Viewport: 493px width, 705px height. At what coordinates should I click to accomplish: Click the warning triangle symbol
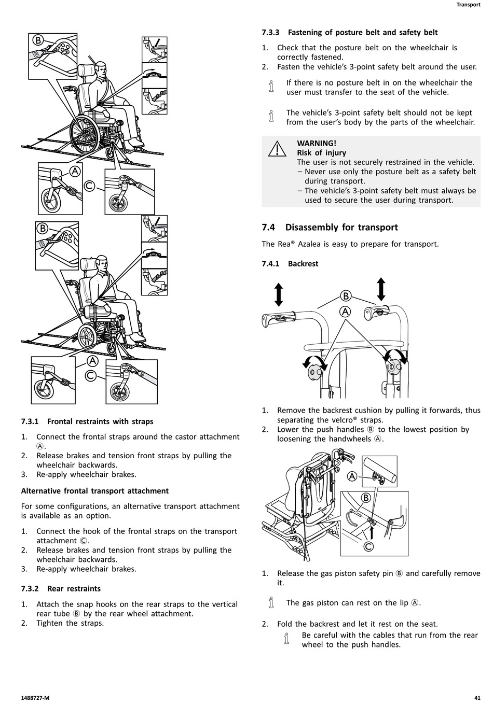(278, 149)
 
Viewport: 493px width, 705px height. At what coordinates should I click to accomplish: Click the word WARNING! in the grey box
(317, 143)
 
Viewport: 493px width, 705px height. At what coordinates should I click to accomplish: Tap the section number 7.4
(268, 227)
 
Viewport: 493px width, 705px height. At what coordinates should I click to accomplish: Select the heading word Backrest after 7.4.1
(303, 263)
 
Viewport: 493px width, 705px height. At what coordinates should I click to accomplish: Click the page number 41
(477, 697)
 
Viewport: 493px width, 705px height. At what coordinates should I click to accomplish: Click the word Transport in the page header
(468, 5)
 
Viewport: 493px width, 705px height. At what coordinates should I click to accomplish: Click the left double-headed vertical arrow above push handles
(279, 294)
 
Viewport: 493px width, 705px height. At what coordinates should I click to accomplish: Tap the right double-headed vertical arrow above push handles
(381, 289)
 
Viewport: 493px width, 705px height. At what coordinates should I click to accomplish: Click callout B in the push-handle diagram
(346, 296)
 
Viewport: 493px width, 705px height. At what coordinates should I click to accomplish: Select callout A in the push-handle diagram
(345, 311)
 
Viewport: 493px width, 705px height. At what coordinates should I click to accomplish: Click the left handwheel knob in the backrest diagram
(314, 371)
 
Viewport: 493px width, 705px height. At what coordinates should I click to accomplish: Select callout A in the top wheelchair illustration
(75, 171)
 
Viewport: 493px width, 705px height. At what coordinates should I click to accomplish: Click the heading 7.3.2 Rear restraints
(61, 588)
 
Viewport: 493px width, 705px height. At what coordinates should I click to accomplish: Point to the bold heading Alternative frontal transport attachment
(95, 491)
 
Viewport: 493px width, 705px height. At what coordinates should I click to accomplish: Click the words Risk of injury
(321, 152)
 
